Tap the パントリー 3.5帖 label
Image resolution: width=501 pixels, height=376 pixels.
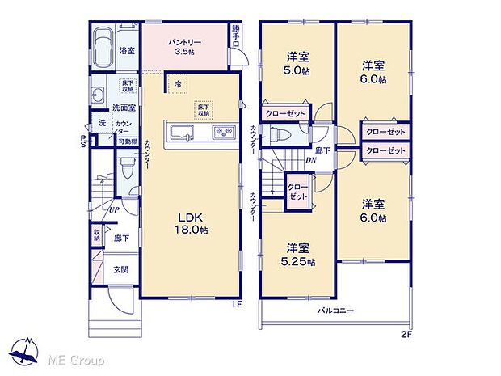[x=185, y=45]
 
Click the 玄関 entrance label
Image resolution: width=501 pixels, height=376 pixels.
[x=120, y=270]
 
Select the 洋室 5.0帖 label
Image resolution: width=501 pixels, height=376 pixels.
[x=294, y=62]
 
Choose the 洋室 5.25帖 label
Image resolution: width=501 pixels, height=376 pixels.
[x=299, y=256]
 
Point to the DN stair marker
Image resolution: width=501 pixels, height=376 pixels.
[x=310, y=160]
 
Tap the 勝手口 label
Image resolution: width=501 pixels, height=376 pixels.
[x=235, y=36]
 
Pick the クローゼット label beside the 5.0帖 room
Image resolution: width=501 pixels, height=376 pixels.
[x=285, y=114]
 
